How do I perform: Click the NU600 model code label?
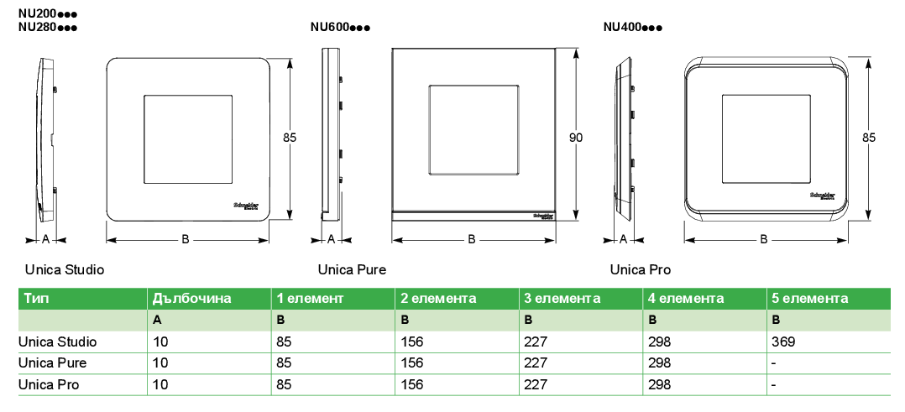click(340, 27)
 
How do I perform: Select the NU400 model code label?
click(633, 27)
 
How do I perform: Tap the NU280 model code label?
click(47, 27)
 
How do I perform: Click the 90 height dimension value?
click(576, 138)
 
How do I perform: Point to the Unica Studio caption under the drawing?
click(65, 269)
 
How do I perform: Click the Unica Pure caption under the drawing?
click(352, 269)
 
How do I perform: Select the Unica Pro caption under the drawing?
click(641, 269)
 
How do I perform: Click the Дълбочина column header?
click(191, 299)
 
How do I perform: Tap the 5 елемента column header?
click(810, 299)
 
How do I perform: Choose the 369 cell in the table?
click(783, 342)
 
